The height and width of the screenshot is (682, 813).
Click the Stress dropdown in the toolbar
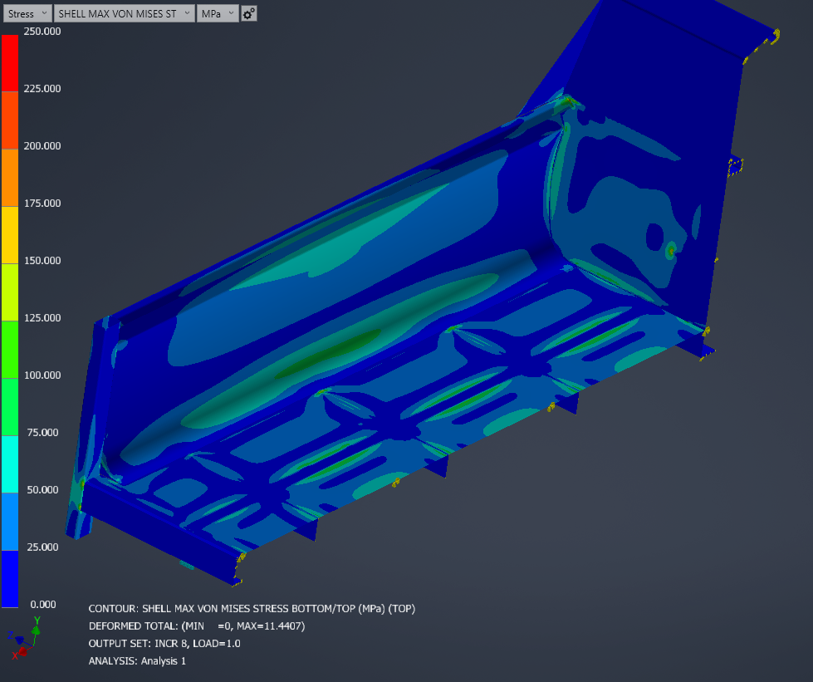point(27,13)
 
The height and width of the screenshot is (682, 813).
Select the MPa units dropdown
point(217,13)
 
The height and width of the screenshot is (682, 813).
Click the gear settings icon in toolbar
point(248,13)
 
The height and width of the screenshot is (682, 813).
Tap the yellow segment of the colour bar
point(9,234)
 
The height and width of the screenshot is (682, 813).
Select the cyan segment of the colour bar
point(9,464)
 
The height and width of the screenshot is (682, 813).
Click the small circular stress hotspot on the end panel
point(671,248)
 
